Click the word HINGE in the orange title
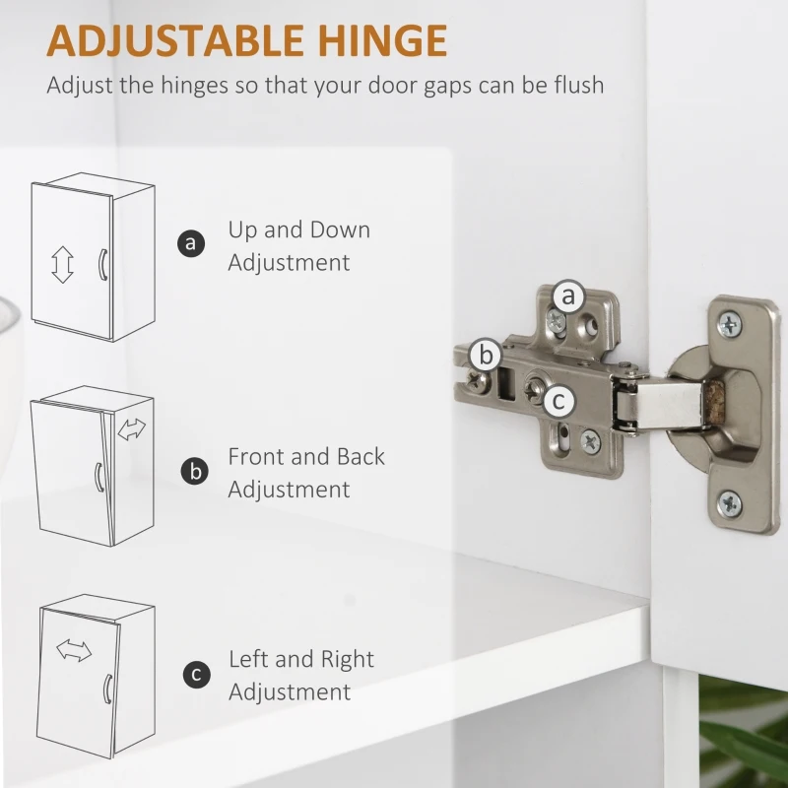click(x=382, y=40)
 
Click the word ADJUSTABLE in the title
click(x=175, y=40)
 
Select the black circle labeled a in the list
click(x=191, y=243)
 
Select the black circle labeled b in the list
click(x=194, y=472)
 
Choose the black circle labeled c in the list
click(x=196, y=675)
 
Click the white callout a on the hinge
click(x=568, y=295)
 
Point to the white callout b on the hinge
click(x=486, y=355)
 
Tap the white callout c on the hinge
click(x=558, y=401)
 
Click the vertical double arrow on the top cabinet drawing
click(x=62, y=264)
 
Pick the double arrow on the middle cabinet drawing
click(x=132, y=429)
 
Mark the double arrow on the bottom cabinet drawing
click(x=74, y=650)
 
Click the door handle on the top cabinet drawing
click(x=102, y=264)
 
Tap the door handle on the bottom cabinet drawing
click(x=107, y=689)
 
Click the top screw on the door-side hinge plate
click(x=729, y=325)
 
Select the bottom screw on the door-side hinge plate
click(x=730, y=503)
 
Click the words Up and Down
click(x=299, y=230)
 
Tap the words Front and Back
click(x=306, y=456)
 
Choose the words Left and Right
click(x=301, y=659)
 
